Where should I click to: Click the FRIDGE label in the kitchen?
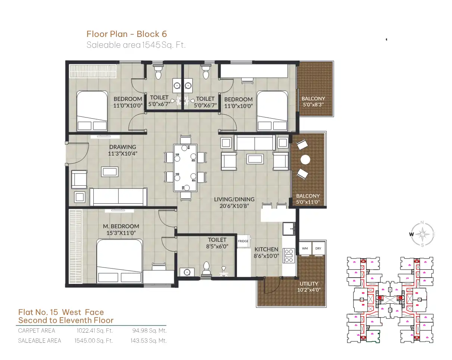pos(243,241)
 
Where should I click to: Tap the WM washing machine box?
pos(305,248)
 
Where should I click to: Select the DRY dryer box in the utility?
pos(318,248)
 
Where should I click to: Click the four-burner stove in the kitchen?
pos(289,256)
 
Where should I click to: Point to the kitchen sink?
pos(289,229)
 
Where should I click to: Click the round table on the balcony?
pos(305,160)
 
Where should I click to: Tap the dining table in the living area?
pos(185,168)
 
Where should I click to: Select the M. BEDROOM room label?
pos(121,226)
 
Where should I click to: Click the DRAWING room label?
pos(123,147)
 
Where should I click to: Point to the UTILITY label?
pos(309,284)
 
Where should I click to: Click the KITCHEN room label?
pos(266,249)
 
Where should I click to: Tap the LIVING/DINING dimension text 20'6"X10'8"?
pos(234,206)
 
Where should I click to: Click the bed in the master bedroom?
pos(119,262)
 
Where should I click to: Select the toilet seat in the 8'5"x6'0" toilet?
pos(206,268)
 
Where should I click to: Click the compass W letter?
pos(411,234)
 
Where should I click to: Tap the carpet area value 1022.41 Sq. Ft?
pos(94,331)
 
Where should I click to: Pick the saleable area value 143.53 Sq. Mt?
pos(149,341)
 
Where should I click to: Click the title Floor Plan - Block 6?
pos(127,34)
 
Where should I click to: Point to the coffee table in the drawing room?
pos(110,172)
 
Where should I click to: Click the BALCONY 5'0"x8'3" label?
pos(314,101)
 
